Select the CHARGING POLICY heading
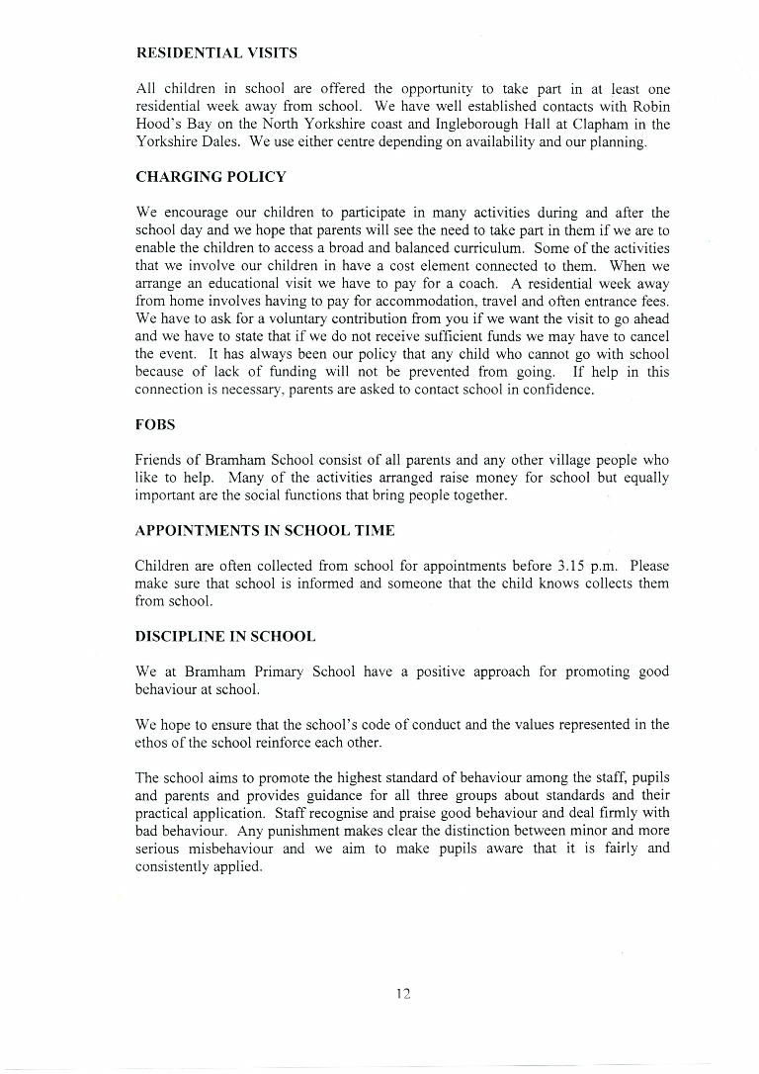point(211,177)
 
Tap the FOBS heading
point(154,426)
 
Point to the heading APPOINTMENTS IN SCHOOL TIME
point(265,531)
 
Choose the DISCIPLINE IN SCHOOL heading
point(225,636)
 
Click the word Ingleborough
point(472,125)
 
